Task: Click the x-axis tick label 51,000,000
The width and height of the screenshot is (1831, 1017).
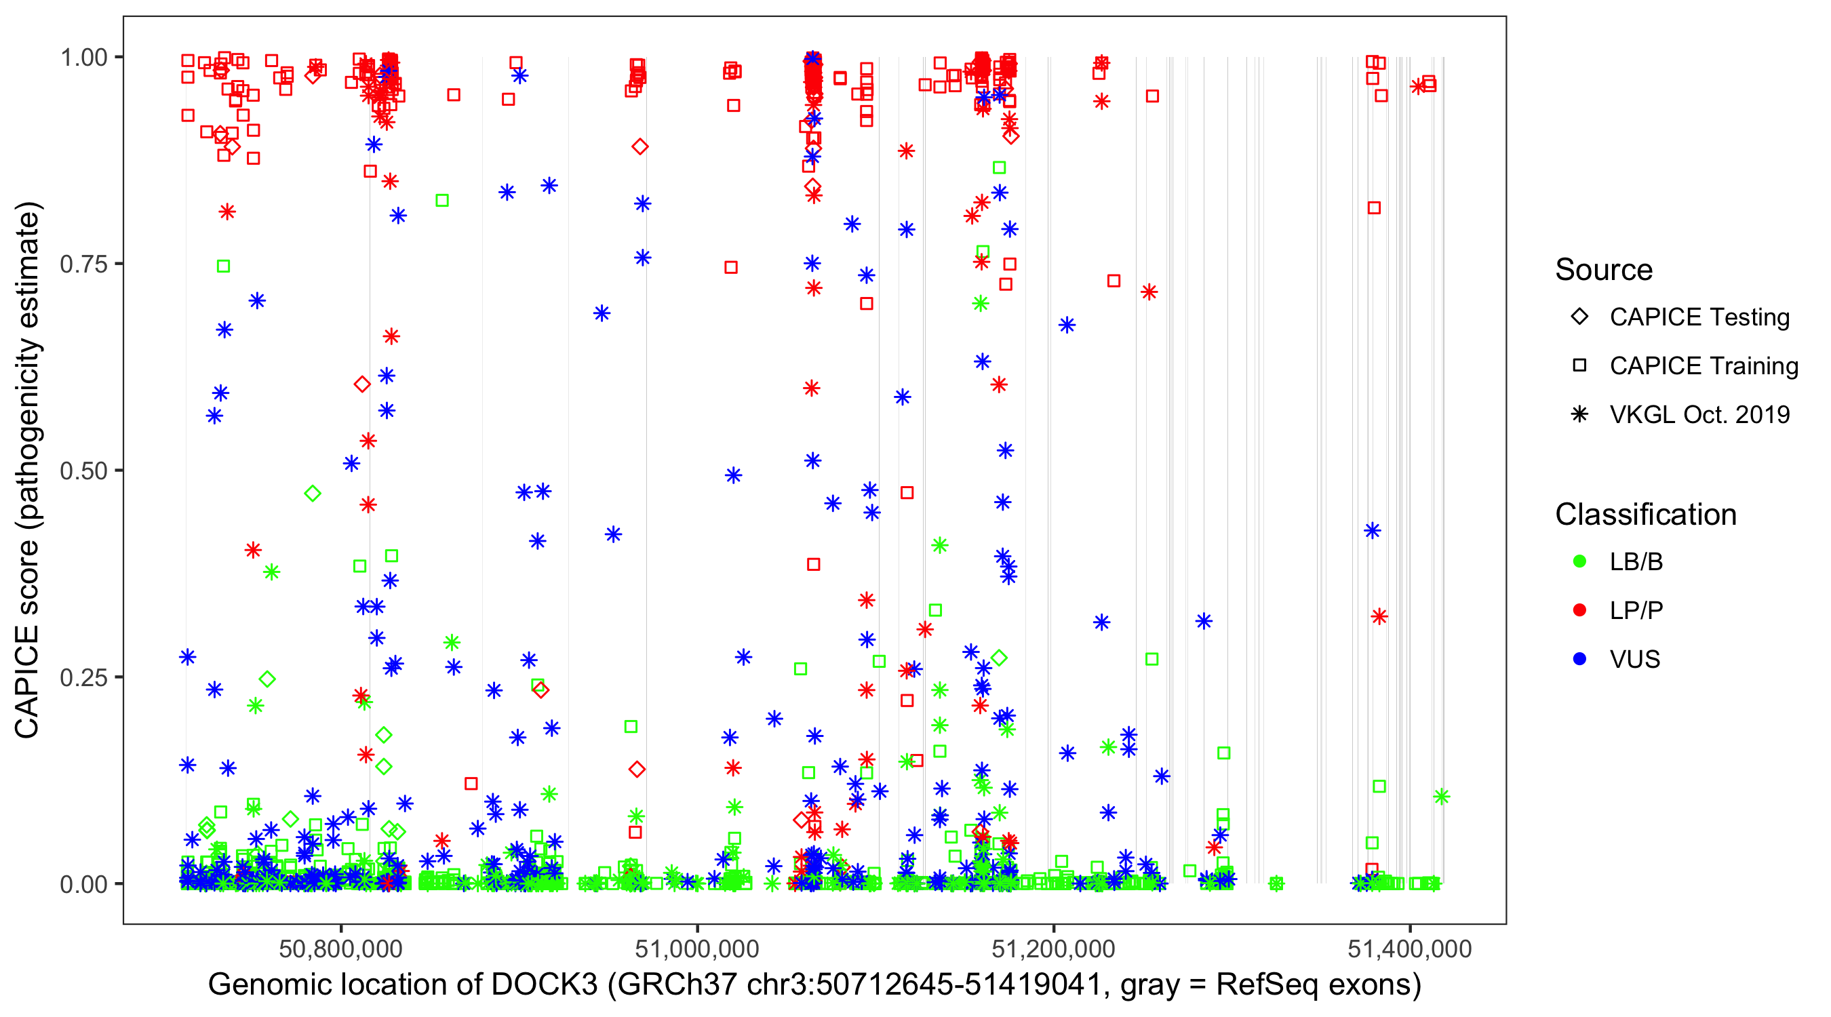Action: click(696, 949)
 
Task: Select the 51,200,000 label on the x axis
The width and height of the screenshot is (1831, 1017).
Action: click(1052, 949)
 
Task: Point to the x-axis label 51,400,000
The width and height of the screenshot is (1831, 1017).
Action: click(1409, 949)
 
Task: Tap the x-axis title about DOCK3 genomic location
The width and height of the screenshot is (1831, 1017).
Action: click(814, 985)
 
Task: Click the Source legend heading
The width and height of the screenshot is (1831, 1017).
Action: click(1604, 270)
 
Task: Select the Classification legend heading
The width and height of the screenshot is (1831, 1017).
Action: click(1645, 515)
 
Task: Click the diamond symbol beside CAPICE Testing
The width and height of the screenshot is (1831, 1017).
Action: click(1579, 317)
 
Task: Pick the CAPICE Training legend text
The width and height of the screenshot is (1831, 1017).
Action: click(1704, 366)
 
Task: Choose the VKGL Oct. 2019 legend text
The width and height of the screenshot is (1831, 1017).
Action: click(1699, 414)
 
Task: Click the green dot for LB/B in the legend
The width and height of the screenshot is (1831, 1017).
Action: click(1579, 562)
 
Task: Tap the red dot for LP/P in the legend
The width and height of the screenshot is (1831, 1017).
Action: click(1579, 610)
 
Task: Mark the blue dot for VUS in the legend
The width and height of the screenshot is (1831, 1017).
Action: click(1579, 660)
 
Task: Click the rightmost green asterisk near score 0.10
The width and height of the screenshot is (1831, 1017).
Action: click(1442, 797)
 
